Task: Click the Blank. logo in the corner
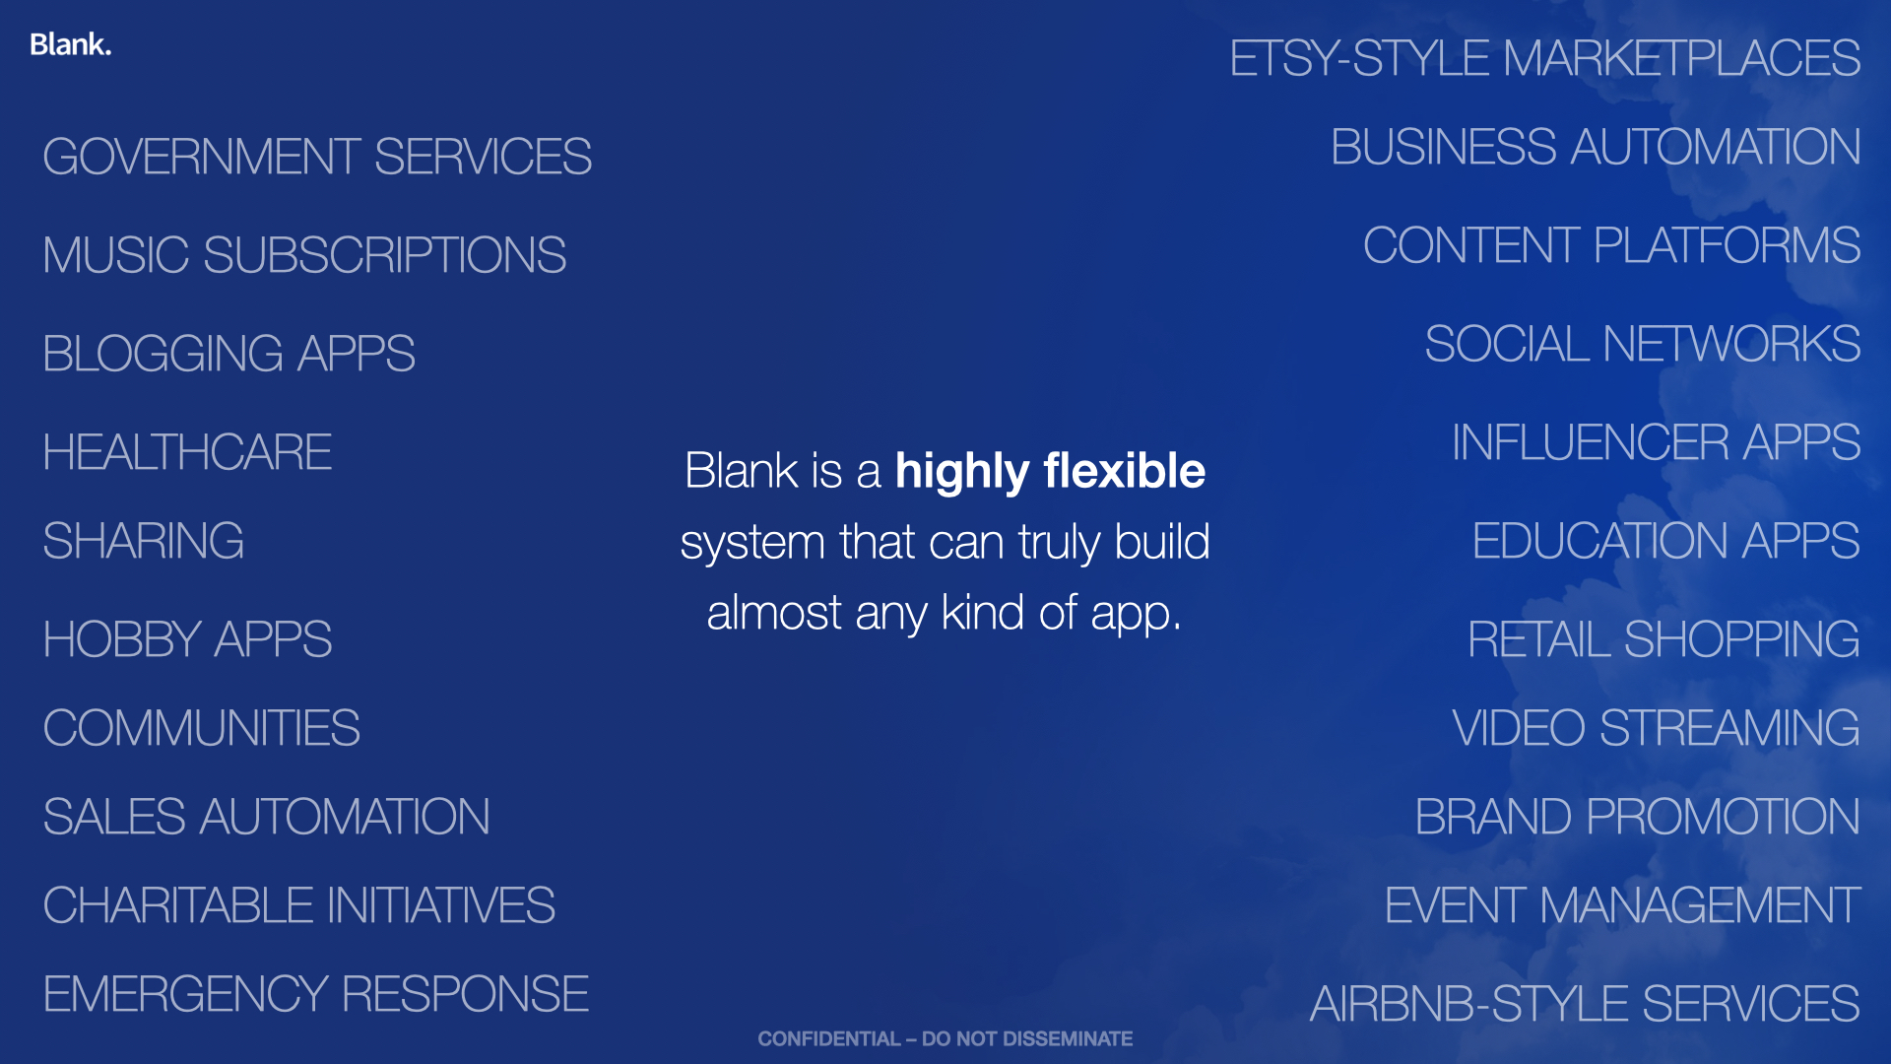point(70,44)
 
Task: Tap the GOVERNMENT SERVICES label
point(317,157)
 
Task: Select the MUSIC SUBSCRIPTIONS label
point(304,255)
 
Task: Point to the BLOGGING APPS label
point(228,354)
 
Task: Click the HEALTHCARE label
point(187,452)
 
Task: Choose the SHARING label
point(144,541)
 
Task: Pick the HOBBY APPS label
point(187,639)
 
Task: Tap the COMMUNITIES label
point(201,728)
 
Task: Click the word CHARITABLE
point(178,905)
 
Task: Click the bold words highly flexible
point(1050,472)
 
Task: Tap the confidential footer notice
point(945,1038)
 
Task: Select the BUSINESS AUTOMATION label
point(1596,147)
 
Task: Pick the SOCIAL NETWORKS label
point(1643,344)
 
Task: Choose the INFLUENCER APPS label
point(1657,442)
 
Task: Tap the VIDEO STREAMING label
point(1657,728)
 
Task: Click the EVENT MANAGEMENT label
point(1623,905)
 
